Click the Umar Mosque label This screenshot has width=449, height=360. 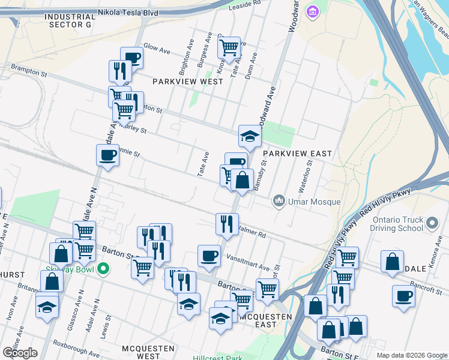click(x=315, y=202)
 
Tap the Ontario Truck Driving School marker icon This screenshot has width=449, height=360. click(x=432, y=224)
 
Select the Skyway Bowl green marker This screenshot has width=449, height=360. click(x=103, y=269)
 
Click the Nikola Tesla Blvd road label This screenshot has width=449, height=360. click(x=161, y=11)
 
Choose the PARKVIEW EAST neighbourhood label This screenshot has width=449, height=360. click(x=297, y=154)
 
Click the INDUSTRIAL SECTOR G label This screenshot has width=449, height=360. click(x=70, y=21)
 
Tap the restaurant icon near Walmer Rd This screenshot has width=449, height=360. click(x=227, y=224)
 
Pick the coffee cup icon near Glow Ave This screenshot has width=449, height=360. click(x=131, y=58)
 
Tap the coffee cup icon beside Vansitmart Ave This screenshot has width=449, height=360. click(x=209, y=256)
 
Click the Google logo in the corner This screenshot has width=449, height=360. click(x=20, y=353)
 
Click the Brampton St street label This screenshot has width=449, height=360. click(x=28, y=73)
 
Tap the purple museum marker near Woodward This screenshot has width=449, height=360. click(x=312, y=11)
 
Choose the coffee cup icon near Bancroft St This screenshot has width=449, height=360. click(x=403, y=295)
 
